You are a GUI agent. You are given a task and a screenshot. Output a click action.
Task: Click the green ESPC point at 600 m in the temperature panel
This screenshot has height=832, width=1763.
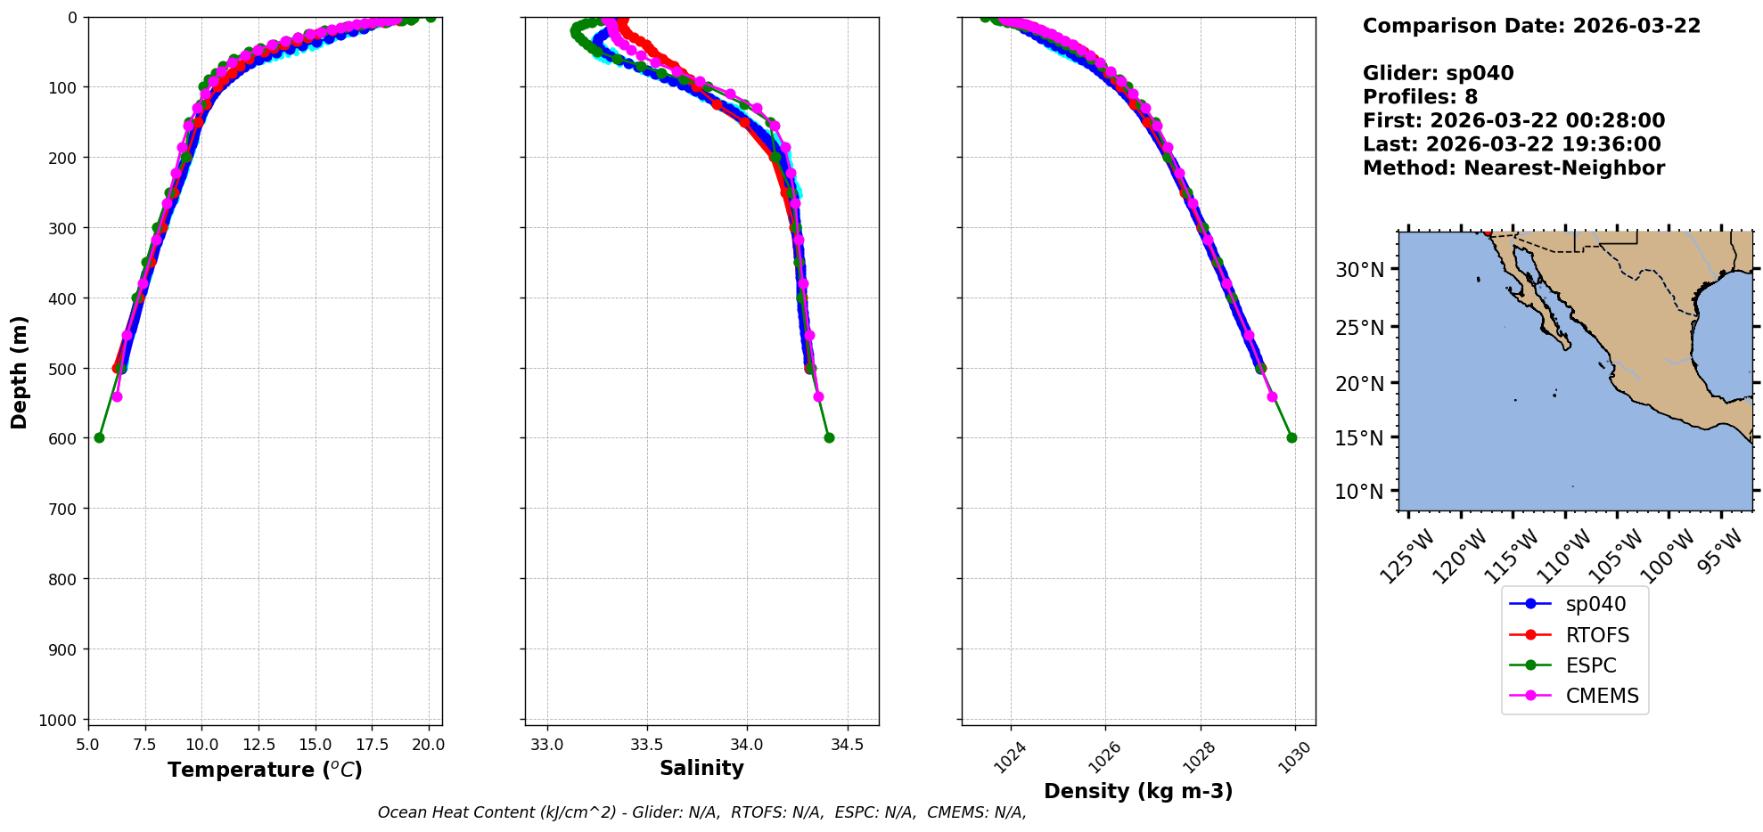click(x=99, y=437)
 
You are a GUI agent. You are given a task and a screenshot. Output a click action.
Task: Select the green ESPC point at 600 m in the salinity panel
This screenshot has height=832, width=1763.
click(x=829, y=437)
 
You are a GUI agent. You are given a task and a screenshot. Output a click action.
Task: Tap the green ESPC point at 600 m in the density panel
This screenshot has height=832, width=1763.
click(x=1291, y=437)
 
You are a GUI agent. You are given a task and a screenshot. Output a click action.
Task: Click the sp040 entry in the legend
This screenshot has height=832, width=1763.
click(x=1595, y=604)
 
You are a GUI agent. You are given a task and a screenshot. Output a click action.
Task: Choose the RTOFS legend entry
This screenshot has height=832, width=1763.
click(x=1596, y=635)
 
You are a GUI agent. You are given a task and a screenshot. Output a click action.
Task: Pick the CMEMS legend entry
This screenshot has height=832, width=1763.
click(x=1602, y=696)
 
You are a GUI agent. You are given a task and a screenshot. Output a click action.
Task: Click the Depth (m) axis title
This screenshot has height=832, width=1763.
click(x=20, y=371)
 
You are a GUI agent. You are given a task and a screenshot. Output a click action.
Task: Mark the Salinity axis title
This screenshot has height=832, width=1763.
click(x=701, y=768)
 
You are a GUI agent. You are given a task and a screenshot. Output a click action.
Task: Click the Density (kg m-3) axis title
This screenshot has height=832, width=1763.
click(x=1138, y=791)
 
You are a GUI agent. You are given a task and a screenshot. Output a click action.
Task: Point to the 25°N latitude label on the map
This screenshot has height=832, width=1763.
click(x=1359, y=328)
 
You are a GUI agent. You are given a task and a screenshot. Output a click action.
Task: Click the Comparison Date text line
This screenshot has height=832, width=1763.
click(x=1531, y=26)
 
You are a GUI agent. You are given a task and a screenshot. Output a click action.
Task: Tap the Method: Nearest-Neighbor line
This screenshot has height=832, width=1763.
click(x=1513, y=168)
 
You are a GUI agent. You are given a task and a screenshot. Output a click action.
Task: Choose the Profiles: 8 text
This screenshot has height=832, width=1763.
click(x=1420, y=97)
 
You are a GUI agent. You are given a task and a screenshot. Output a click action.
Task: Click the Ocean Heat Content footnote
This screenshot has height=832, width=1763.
click(x=701, y=812)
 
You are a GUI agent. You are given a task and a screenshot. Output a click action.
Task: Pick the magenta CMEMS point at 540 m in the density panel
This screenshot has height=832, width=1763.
click(x=1272, y=396)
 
